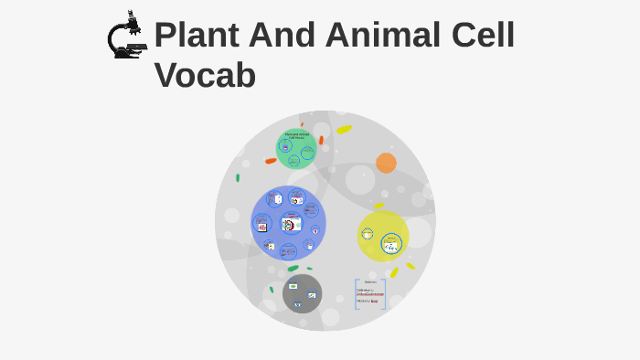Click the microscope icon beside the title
(126, 36)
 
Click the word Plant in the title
(201, 36)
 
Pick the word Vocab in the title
(205, 75)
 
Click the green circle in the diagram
(295, 149)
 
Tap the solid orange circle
(386, 163)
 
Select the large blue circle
(288, 223)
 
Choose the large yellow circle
(382, 236)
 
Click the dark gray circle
(302, 293)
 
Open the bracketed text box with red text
(370, 294)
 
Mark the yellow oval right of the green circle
(344, 130)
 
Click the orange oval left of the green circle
(271, 161)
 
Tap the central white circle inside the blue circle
(291, 223)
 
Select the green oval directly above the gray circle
(293, 269)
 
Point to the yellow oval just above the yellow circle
(379, 206)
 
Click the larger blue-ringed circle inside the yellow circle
(391, 245)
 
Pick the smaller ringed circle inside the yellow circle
(368, 234)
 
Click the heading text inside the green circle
(296, 136)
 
